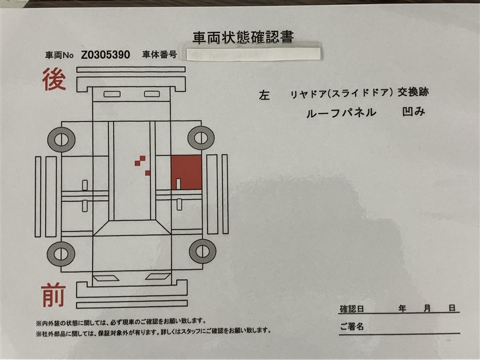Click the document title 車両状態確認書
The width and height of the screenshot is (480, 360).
243,37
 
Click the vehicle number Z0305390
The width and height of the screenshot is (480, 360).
106,55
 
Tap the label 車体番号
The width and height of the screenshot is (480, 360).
160,55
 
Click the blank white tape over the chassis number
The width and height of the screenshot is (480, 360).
253,53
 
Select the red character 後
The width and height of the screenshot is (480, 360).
54,79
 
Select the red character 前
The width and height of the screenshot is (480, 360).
53,295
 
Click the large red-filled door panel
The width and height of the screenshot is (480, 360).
186,172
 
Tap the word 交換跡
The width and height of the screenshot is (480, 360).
413,92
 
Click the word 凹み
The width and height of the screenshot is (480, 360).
413,112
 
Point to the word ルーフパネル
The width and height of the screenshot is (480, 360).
341,113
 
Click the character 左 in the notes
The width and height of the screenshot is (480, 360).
264,95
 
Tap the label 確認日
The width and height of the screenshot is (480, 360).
352,309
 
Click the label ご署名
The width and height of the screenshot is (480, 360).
352,326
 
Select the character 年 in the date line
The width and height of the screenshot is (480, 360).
402,308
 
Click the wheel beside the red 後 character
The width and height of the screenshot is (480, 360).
61,140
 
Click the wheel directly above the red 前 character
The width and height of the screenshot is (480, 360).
61,254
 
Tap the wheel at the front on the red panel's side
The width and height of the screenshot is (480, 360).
202,251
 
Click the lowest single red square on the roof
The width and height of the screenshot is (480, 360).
148,173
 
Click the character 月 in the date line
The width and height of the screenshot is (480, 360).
427,308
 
